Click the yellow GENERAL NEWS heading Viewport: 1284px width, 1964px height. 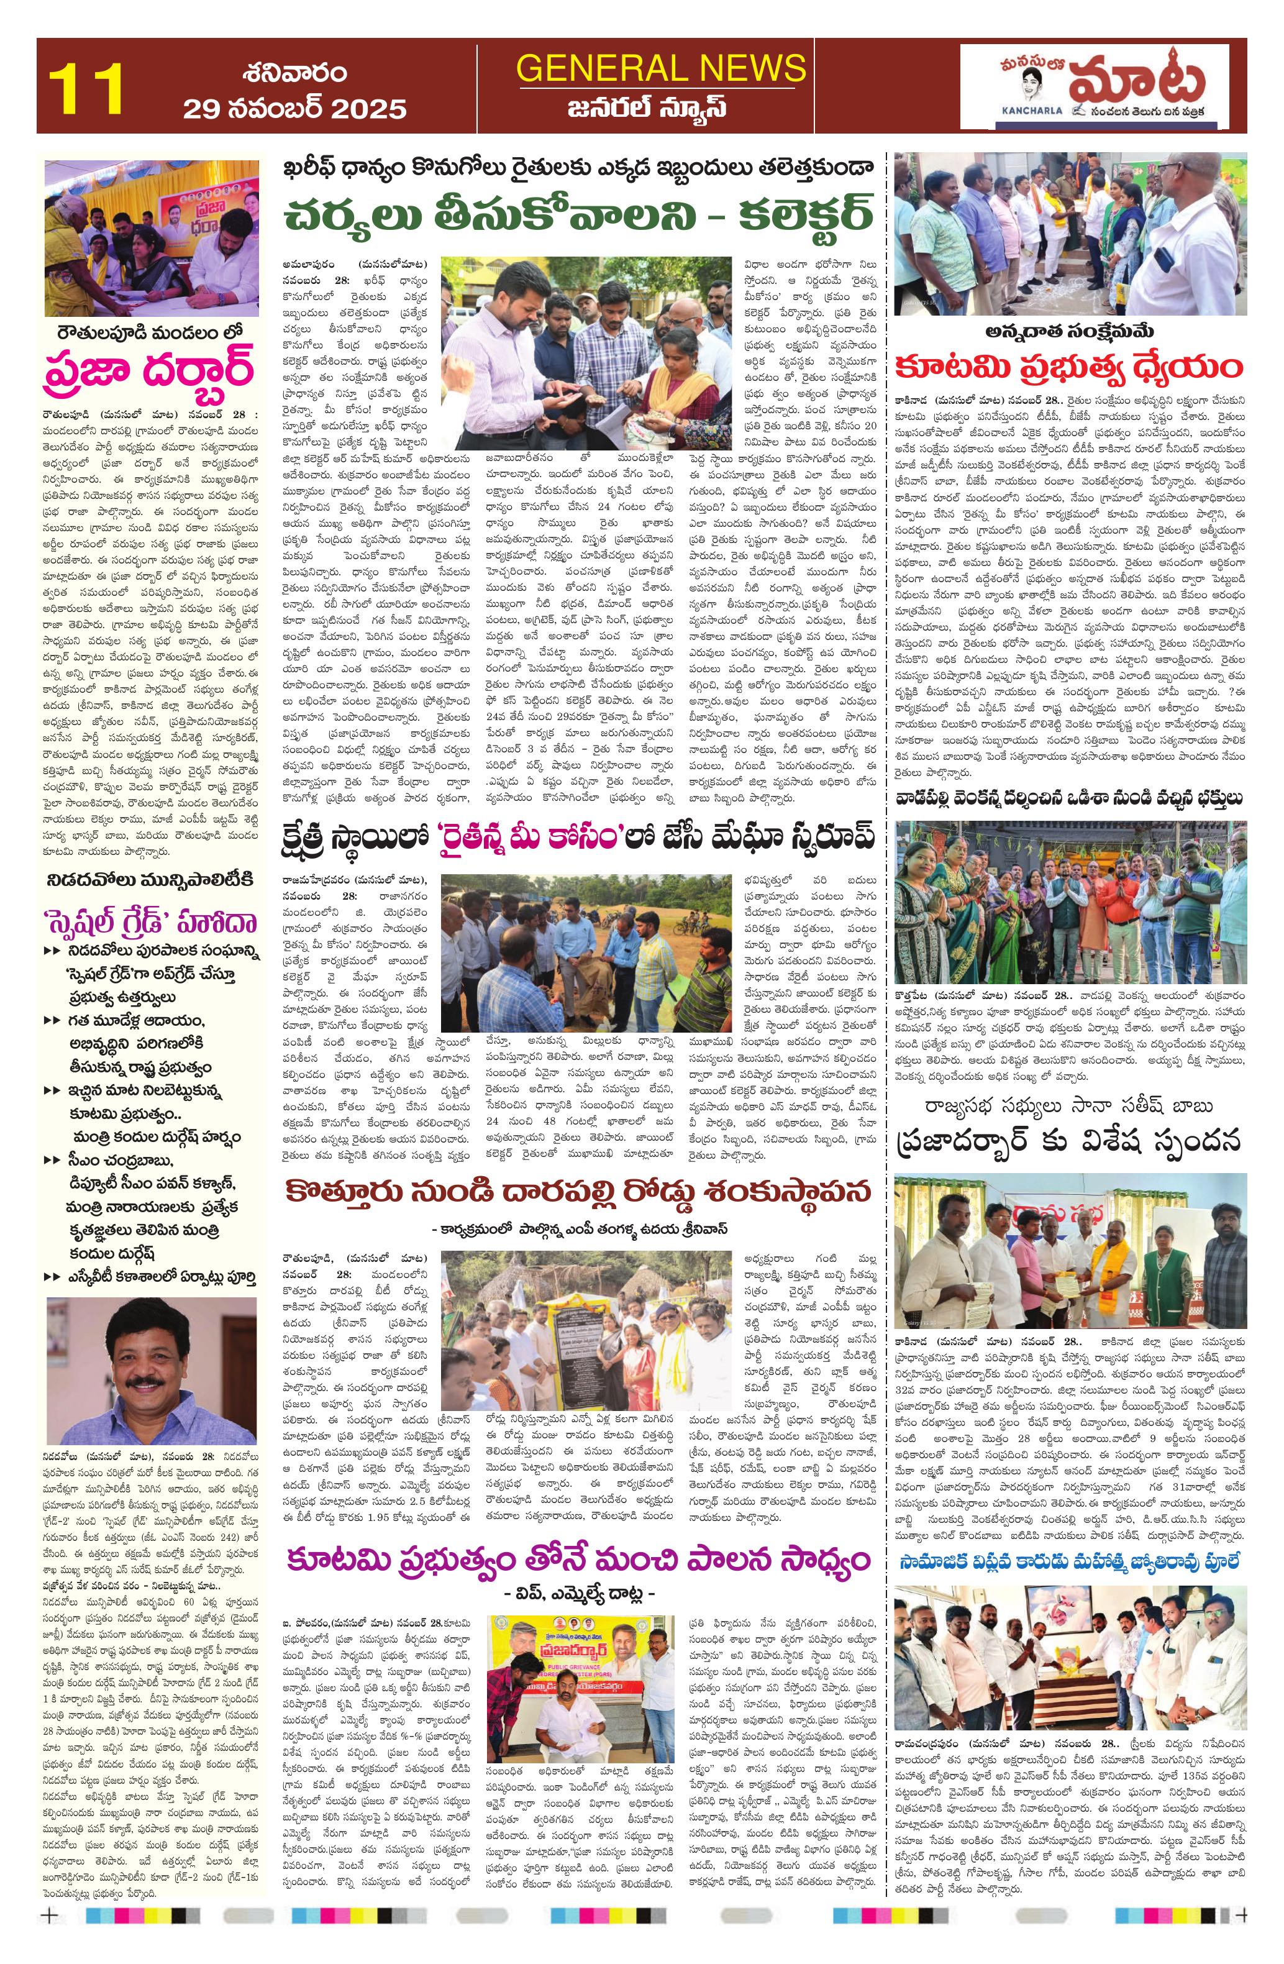point(660,68)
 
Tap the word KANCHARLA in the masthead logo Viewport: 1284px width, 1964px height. point(1005,109)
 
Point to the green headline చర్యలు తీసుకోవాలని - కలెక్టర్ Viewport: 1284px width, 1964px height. point(580,217)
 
